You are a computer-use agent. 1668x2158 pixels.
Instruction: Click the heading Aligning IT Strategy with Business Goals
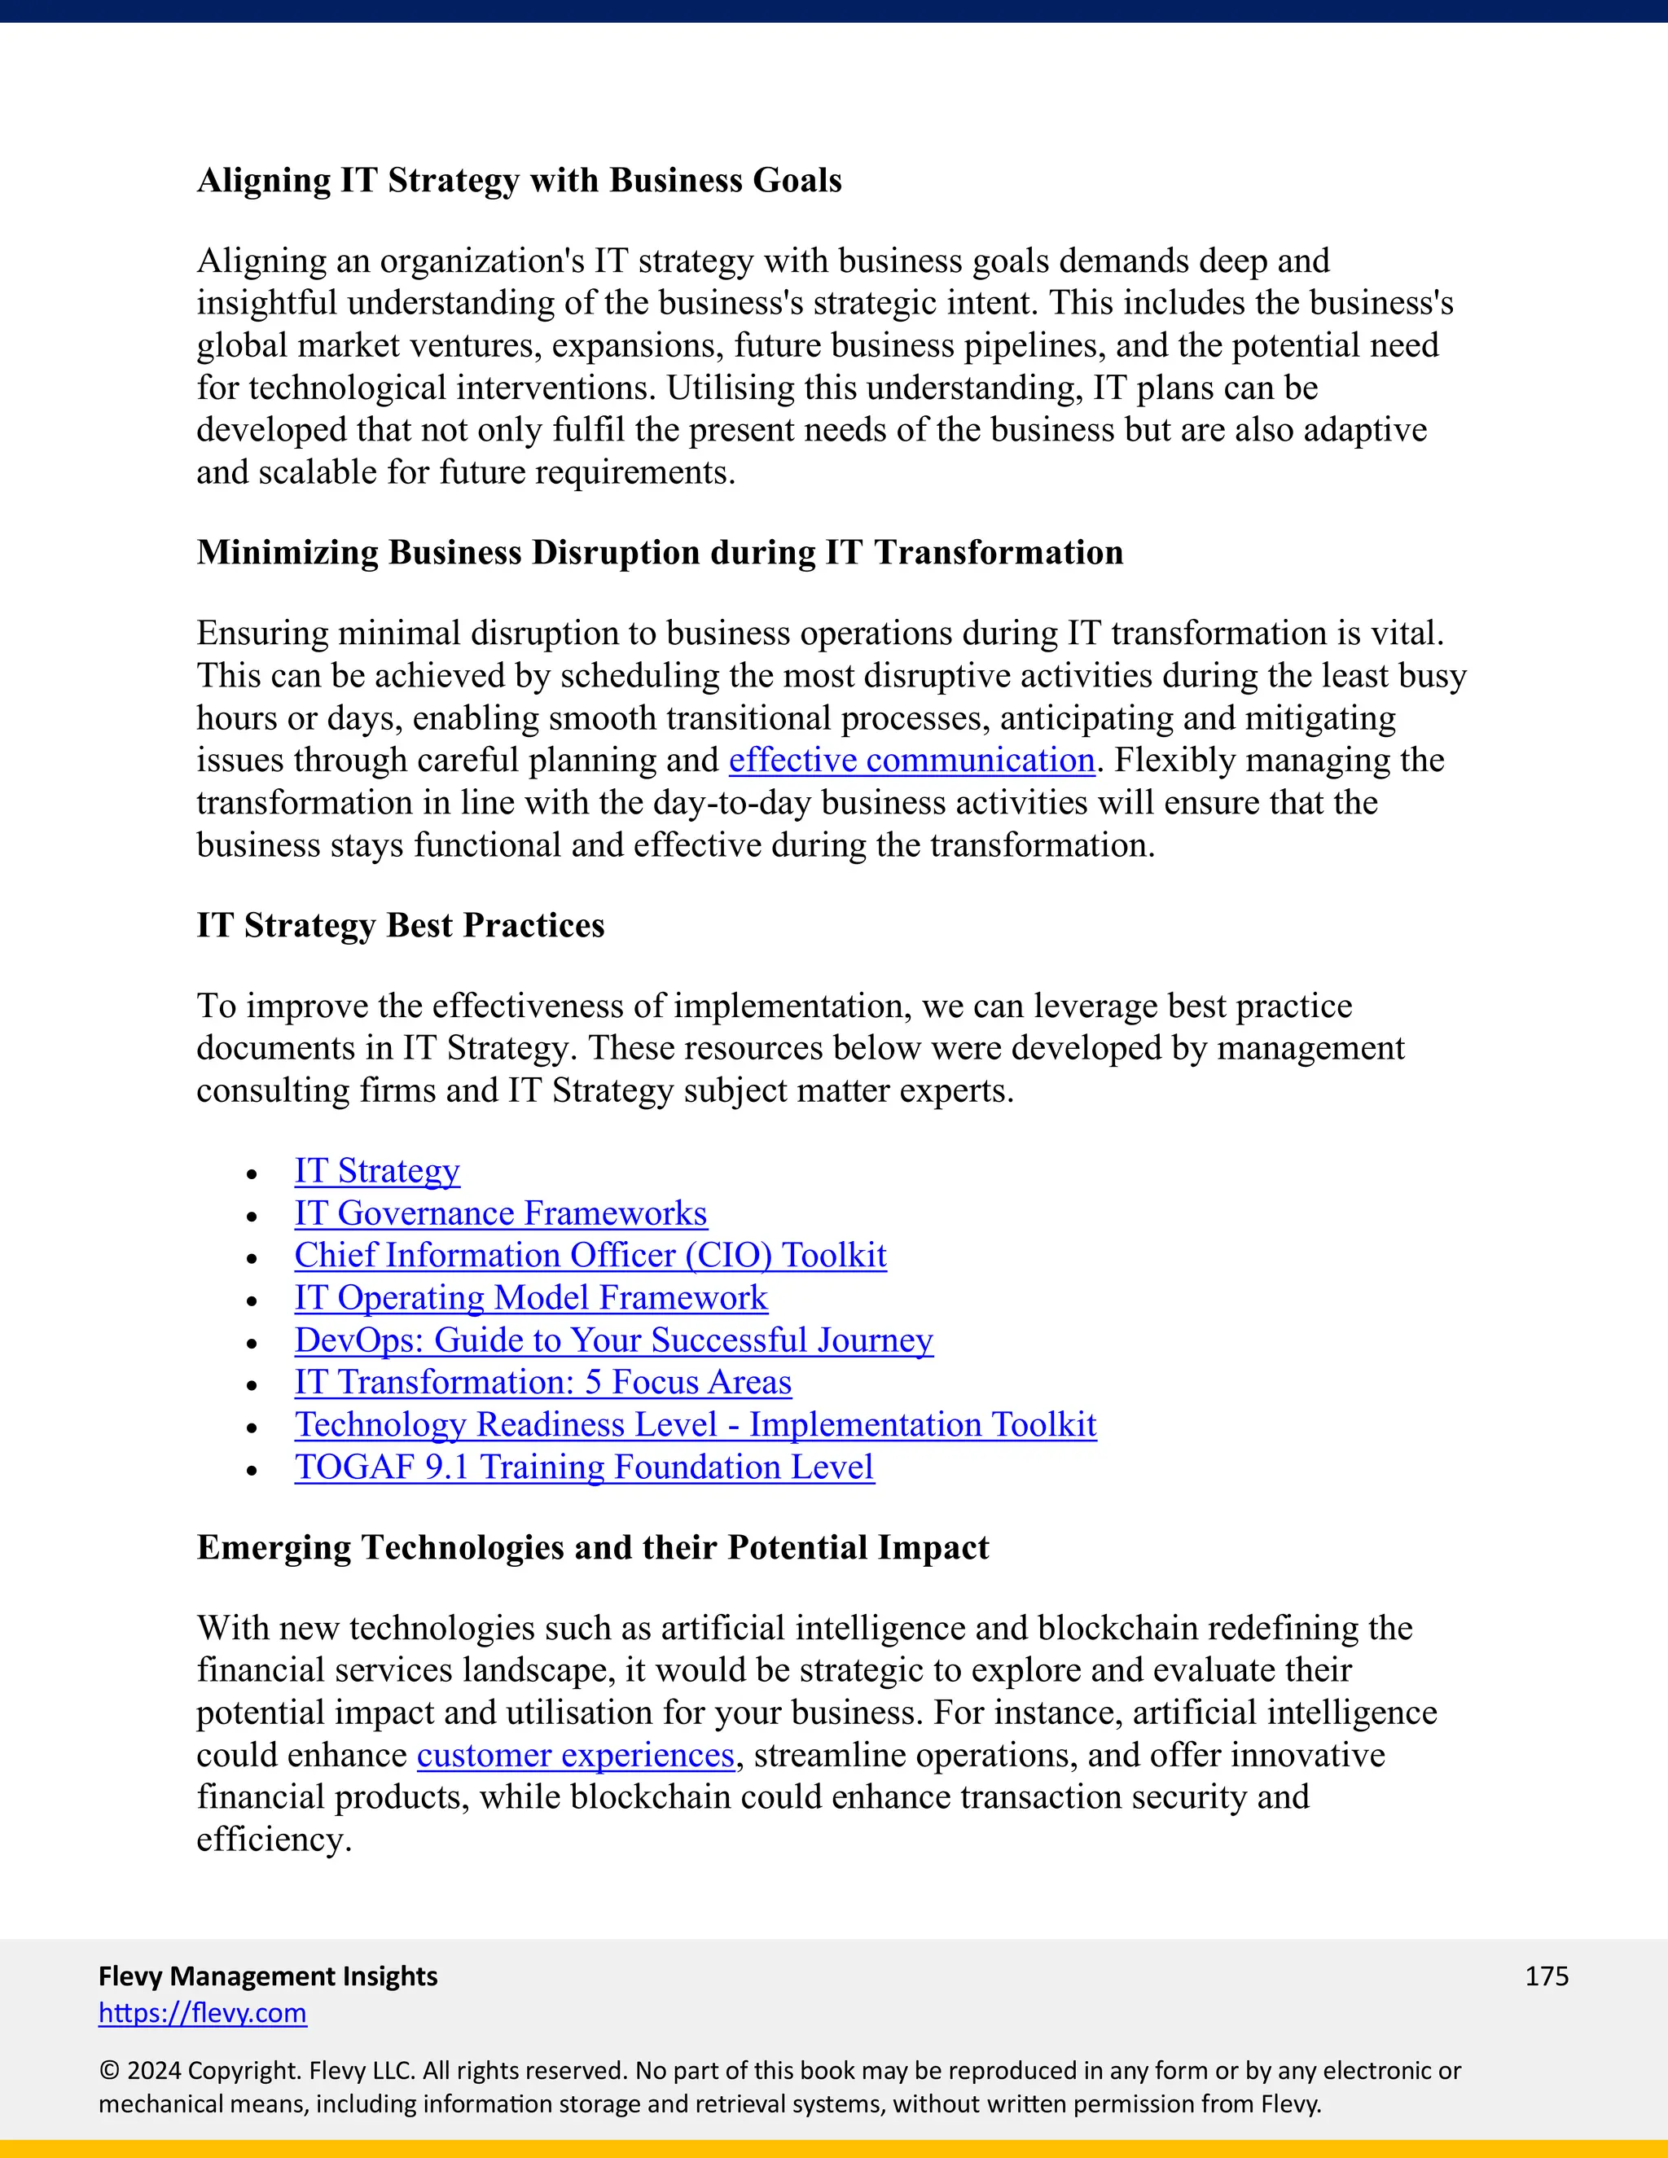[x=519, y=181]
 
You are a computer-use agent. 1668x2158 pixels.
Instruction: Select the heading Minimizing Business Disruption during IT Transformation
[x=659, y=552]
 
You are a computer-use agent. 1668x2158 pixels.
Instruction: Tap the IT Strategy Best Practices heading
[x=400, y=926]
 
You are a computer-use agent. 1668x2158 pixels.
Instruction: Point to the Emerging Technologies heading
[x=592, y=1547]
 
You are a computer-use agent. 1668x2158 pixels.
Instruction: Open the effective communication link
[x=911, y=760]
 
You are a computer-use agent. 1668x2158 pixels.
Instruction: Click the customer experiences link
[x=575, y=1755]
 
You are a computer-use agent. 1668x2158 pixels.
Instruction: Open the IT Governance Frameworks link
[x=500, y=1213]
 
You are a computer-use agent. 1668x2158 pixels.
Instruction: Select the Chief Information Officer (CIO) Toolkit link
[x=590, y=1256]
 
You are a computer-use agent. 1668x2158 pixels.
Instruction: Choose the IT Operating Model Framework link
[x=531, y=1298]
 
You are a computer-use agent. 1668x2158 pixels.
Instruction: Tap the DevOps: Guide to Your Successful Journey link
[x=612, y=1341]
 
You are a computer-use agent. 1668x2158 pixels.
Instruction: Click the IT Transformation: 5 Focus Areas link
[x=542, y=1383]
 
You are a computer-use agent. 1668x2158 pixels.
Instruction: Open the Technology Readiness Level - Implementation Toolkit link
[x=695, y=1425]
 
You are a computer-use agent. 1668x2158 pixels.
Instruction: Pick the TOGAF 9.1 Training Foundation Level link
[x=584, y=1467]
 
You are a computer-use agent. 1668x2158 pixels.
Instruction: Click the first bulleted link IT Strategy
[x=376, y=1171]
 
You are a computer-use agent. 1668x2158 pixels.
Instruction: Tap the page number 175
[x=1547, y=1976]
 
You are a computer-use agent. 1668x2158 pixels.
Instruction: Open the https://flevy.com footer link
[x=203, y=2013]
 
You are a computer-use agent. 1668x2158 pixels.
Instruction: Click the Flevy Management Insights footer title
[x=268, y=1976]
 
